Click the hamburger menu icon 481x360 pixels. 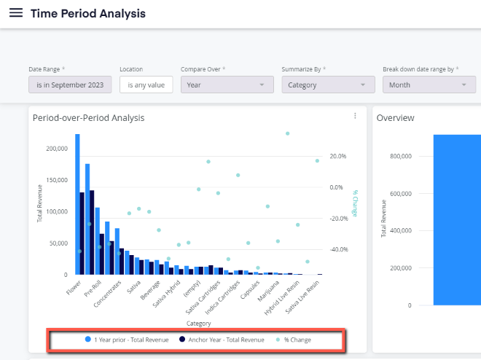point(16,13)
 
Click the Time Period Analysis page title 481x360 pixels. point(88,14)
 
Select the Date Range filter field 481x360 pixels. point(70,85)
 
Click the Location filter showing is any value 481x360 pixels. point(146,85)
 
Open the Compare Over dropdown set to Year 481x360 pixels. point(227,85)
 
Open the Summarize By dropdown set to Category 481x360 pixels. point(328,85)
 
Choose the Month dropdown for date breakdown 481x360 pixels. point(429,85)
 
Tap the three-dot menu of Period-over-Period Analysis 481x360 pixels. point(355,116)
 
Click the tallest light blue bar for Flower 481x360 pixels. point(77,204)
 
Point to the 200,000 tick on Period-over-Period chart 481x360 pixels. point(57,149)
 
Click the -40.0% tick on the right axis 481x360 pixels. point(339,250)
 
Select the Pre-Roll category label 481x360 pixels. point(93,289)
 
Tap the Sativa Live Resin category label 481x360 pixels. point(302,297)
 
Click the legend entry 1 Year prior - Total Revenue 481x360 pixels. point(127,340)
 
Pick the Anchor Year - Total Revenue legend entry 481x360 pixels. point(222,340)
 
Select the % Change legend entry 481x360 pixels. point(294,340)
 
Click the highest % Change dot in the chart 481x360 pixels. point(287,133)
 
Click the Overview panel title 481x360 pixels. point(395,118)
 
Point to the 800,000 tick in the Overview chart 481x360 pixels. point(401,156)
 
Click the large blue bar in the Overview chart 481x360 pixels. point(457,220)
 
